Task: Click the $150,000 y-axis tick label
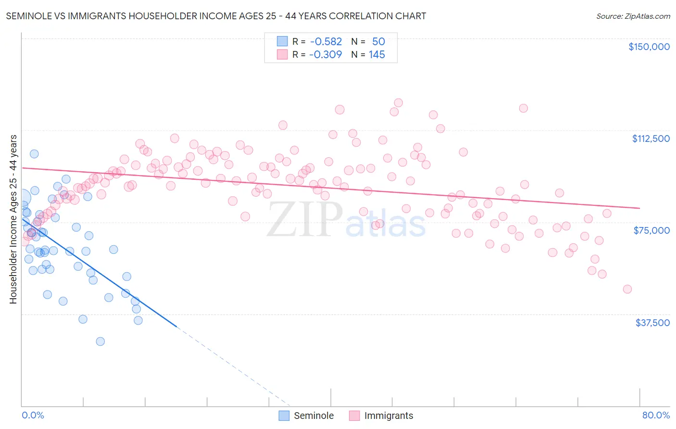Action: pos(649,47)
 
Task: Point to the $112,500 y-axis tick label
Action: pos(651,139)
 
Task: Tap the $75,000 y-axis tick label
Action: pos(651,230)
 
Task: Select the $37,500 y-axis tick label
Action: pos(652,323)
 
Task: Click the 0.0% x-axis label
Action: pos(33,415)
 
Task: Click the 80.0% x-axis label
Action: pos(656,415)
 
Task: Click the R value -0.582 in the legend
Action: pos(326,42)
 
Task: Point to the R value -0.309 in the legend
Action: pos(325,55)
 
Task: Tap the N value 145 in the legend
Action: pos(377,55)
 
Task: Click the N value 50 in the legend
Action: pos(378,42)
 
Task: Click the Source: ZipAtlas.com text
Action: pos(633,16)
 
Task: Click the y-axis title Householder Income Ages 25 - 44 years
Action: pos(13,219)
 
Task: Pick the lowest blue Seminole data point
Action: pos(100,341)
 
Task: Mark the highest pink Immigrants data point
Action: pos(398,102)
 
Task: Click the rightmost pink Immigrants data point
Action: pos(627,289)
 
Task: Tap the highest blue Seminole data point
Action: pos(34,154)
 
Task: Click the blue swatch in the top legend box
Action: pos(282,42)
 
